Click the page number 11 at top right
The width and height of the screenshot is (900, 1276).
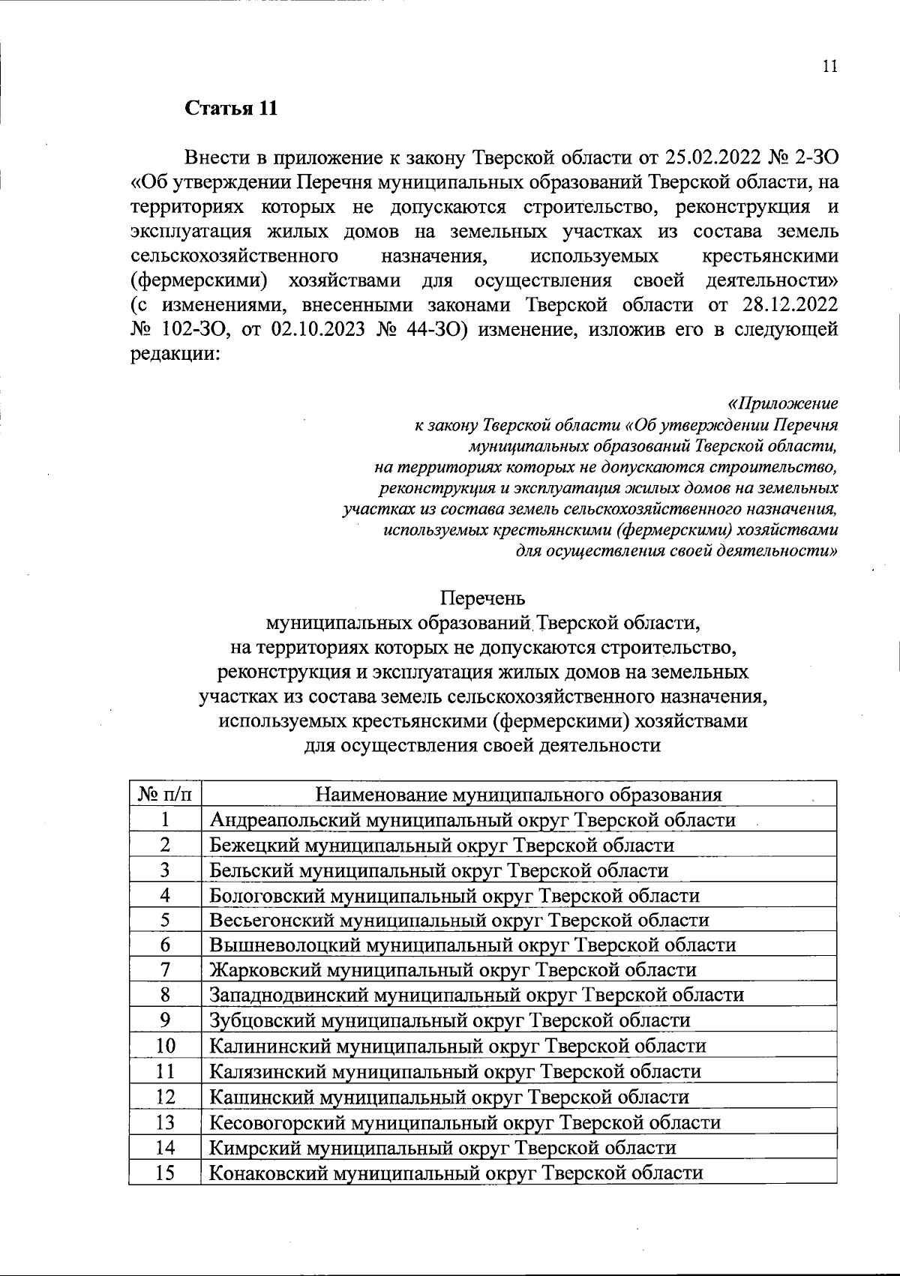[x=829, y=66]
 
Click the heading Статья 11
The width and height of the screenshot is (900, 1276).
[x=231, y=108]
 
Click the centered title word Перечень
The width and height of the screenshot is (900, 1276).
[x=483, y=599]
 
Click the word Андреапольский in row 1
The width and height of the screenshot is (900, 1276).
[x=284, y=819]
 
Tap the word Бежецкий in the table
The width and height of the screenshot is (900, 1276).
[x=253, y=845]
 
